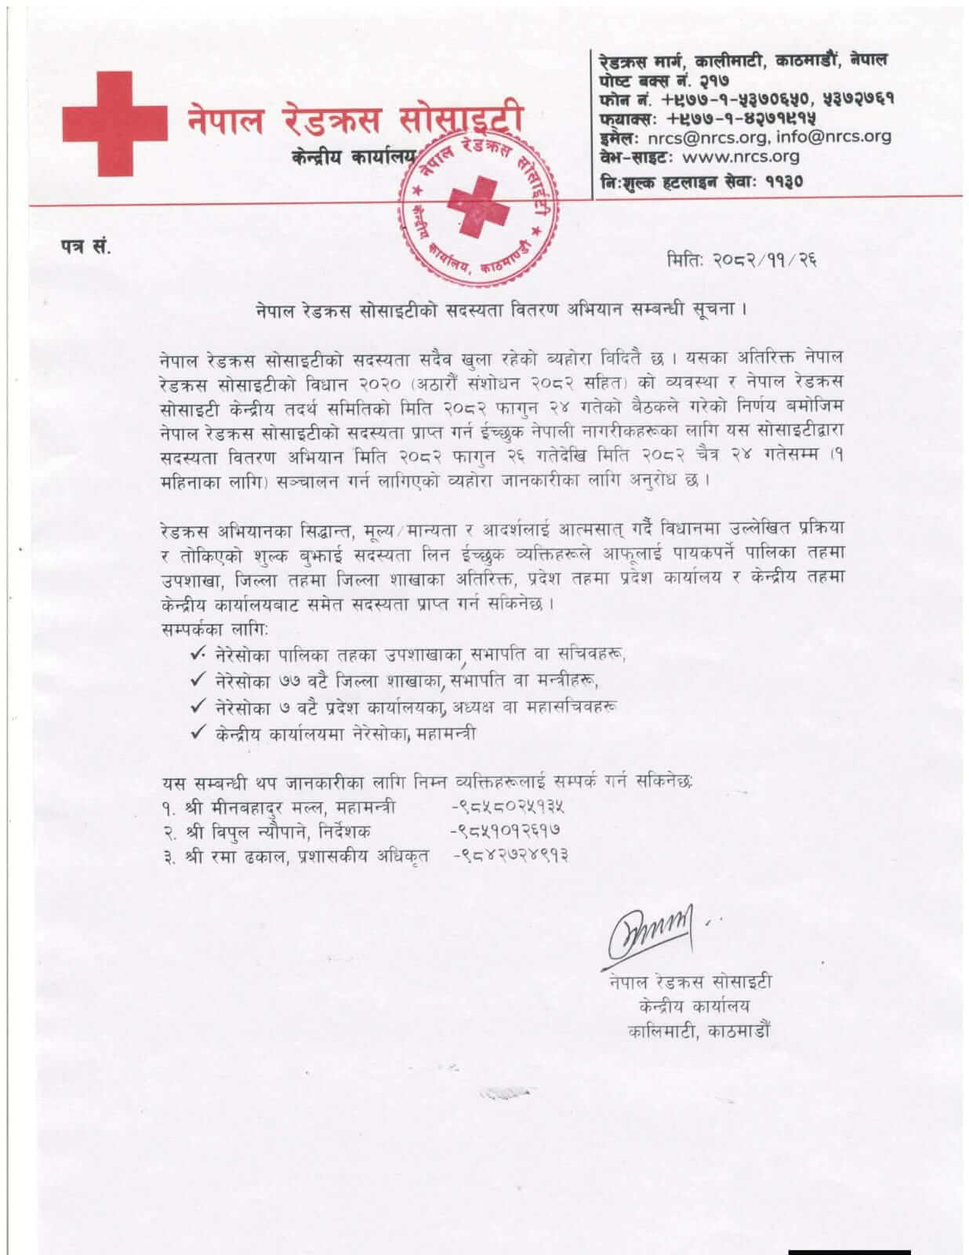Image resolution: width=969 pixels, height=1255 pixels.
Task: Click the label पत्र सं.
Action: (87, 247)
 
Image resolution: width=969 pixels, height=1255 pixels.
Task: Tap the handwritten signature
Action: (650, 933)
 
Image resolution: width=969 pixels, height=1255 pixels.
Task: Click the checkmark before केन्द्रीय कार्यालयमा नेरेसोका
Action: (198, 733)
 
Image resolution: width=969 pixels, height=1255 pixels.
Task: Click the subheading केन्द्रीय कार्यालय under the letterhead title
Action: (352, 157)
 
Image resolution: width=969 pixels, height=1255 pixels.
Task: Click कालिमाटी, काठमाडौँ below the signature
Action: (699, 1031)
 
